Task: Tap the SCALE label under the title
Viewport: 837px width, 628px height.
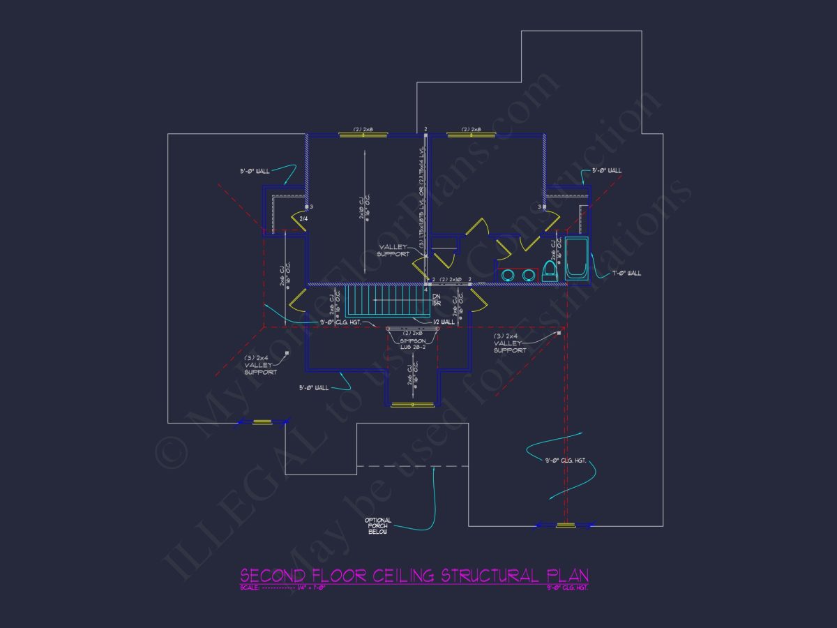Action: [250, 588]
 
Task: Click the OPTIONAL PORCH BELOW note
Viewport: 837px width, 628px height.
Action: [378, 526]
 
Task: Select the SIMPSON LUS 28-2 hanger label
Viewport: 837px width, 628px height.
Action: [413, 343]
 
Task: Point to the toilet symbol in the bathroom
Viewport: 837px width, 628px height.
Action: [550, 270]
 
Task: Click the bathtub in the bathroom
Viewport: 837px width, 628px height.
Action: [576, 259]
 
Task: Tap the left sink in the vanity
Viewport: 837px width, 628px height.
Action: [507, 275]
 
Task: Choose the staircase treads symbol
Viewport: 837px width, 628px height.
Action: [384, 301]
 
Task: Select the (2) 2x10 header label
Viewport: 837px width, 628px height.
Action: [451, 279]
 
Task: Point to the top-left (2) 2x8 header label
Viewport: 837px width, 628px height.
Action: [363, 129]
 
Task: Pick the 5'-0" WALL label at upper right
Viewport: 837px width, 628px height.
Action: [607, 170]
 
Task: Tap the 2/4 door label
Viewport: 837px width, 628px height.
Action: [303, 219]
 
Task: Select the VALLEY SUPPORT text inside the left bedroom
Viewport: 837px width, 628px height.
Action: [393, 250]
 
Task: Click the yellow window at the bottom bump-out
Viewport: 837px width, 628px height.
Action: [412, 405]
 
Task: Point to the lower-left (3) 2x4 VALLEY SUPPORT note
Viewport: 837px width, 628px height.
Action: [260, 365]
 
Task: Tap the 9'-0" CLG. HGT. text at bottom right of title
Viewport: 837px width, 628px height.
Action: [566, 588]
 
